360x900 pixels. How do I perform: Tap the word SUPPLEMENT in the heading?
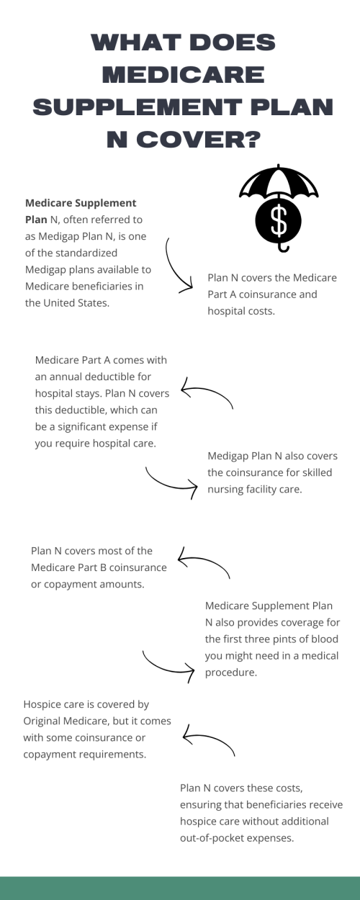pyautogui.click(x=138, y=107)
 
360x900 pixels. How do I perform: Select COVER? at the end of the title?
pyautogui.click(x=199, y=140)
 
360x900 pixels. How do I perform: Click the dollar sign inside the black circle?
pyautogui.click(x=279, y=220)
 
